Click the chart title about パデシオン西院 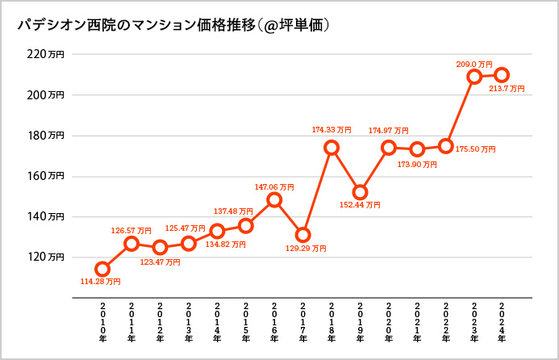pyautogui.click(x=173, y=26)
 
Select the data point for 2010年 pyautogui.click(x=102, y=269)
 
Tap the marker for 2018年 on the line pyautogui.click(x=332, y=148)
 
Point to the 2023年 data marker pyautogui.click(x=474, y=77)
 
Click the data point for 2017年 pyautogui.click(x=302, y=235)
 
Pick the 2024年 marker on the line pyautogui.click(x=502, y=75)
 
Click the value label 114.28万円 pyautogui.click(x=100, y=282)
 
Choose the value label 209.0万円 pyautogui.click(x=473, y=63)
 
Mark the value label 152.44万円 pyautogui.click(x=361, y=205)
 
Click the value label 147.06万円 pyautogui.click(x=273, y=186)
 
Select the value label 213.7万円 pyautogui.click(x=507, y=89)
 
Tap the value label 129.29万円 pyautogui.click(x=307, y=249)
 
